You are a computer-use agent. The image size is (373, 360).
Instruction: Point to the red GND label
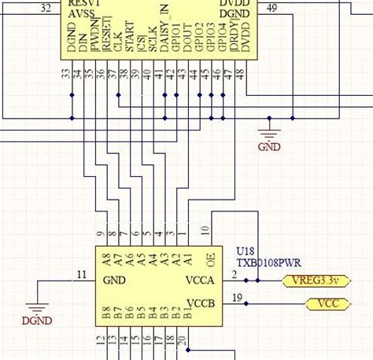(269, 145)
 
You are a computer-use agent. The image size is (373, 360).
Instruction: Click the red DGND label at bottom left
(37, 320)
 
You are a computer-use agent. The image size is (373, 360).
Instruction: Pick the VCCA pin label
(200, 281)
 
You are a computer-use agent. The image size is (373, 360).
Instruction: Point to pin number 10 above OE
(205, 230)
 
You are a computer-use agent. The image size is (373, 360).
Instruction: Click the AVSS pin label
(86, 14)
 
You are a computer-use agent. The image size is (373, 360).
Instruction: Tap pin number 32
(46, 8)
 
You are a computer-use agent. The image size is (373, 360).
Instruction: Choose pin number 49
(271, 8)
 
